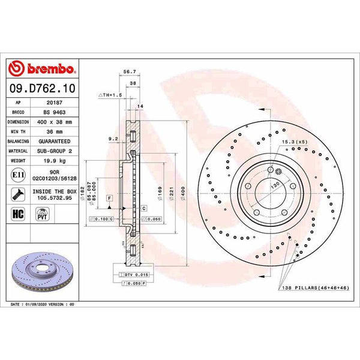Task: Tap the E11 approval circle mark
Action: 18,175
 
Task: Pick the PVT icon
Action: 43,214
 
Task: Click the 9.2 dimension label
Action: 112,139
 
